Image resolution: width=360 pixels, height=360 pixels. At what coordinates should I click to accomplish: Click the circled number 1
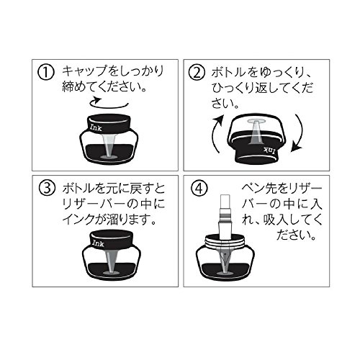click(45, 73)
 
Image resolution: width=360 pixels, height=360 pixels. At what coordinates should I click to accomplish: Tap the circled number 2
click(197, 73)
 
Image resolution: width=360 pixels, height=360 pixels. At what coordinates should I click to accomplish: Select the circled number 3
click(48, 189)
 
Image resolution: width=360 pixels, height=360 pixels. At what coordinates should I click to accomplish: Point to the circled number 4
click(199, 189)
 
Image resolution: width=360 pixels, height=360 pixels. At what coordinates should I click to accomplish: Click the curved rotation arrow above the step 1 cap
click(109, 107)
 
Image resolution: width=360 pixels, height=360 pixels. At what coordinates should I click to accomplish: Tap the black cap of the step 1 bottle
click(109, 124)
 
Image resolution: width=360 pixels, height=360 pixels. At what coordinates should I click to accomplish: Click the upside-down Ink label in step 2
click(269, 150)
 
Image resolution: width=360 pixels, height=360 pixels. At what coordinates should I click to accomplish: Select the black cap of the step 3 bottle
click(112, 240)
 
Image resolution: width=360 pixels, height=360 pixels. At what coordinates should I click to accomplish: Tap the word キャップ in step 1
click(84, 71)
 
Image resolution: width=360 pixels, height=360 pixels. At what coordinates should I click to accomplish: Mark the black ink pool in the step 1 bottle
click(109, 153)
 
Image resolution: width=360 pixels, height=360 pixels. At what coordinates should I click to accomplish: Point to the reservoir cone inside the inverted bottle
click(256, 131)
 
